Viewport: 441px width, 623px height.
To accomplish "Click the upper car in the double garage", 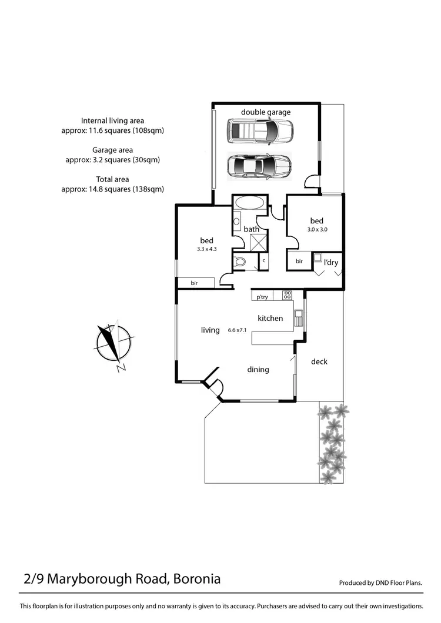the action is click(260, 132).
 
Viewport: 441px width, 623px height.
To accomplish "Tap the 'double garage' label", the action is click(266, 112).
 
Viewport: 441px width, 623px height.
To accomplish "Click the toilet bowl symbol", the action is click(240, 263).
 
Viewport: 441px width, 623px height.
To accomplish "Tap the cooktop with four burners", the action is click(288, 296).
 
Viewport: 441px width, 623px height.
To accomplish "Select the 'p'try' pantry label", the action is click(262, 297).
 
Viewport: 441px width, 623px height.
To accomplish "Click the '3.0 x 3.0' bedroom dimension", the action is click(317, 230).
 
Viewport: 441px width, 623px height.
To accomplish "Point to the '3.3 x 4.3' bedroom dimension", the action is click(207, 249).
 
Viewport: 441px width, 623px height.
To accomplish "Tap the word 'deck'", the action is click(319, 361).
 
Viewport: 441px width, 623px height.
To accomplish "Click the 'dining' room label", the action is click(258, 369).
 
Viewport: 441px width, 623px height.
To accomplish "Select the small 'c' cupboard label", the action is click(264, 260).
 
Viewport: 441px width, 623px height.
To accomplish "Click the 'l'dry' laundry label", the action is click(331, 262).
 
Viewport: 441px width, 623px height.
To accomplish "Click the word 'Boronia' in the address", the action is click(196, 579).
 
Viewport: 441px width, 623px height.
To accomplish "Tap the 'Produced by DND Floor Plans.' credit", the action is click(381, 583).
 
